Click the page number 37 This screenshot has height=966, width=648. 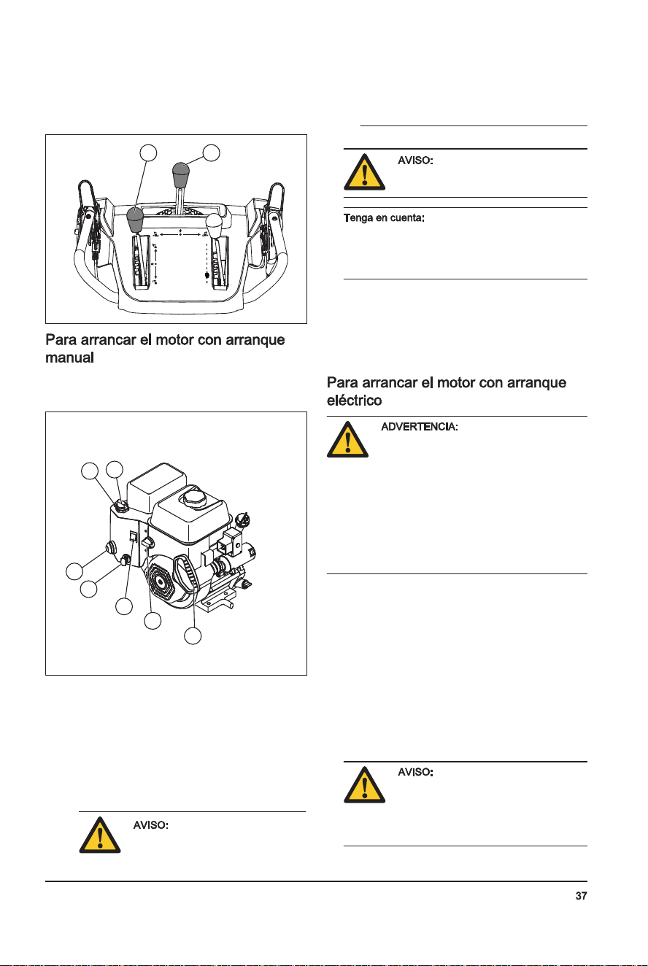tap(581, 896)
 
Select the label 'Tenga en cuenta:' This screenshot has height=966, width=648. tap(384, 218)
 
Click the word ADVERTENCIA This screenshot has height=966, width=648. tap(419, 427)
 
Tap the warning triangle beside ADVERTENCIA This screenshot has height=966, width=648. tap(347, 440)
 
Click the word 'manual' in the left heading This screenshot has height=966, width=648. tap(69, 358)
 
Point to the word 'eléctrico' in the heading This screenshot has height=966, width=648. tap(354, 401)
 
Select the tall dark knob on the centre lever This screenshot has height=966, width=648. tap(181, 174)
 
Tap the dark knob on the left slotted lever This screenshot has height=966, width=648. tap(135, 220)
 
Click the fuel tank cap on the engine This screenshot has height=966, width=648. tap(194, 499)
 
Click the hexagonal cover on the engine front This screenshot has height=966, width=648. tap(161, 582)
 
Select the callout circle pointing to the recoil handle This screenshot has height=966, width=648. tap(193, 635)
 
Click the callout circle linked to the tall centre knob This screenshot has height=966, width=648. tap(212, 152)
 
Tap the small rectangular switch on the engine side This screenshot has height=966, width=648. tap(134, 537)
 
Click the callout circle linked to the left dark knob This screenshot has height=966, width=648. tap(148, 152)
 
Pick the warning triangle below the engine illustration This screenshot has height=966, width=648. tap(100, 835)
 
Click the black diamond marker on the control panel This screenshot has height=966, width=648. tap(207, 275)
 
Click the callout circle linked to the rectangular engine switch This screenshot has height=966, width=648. tap(124, 606)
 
